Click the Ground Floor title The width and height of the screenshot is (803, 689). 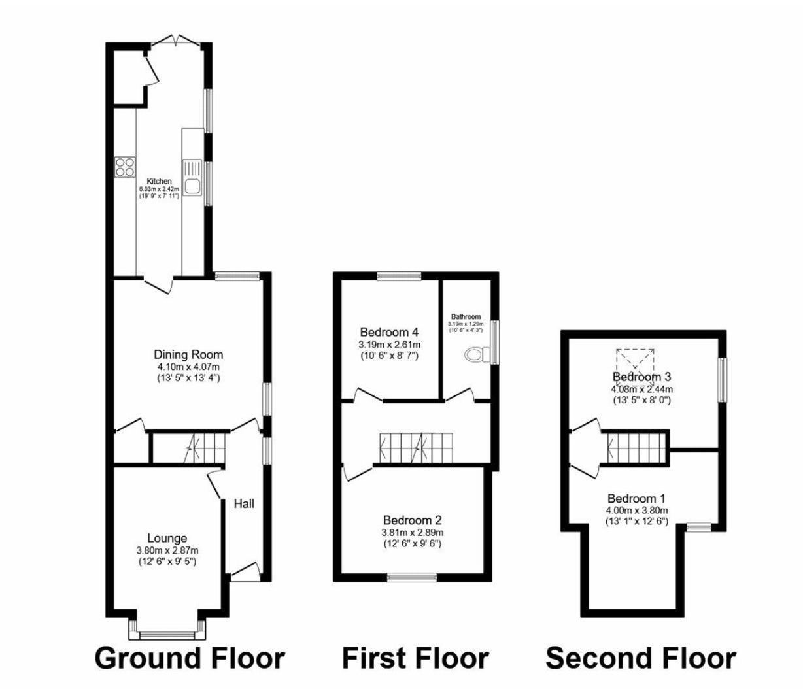[190, 658]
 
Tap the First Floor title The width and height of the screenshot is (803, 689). [415, 658]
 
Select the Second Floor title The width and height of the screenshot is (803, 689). [641, 658]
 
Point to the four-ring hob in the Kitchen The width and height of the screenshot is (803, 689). [124, 167]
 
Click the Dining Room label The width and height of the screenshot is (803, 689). [188, 354]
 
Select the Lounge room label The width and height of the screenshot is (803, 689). [167, 539]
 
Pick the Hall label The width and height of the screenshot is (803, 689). [244, 503]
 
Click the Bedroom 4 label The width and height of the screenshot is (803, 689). [389, 331]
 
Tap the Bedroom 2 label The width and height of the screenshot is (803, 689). [412, 520]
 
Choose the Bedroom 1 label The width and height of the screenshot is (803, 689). [636, 498]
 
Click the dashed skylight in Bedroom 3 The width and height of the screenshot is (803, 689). [635, 360]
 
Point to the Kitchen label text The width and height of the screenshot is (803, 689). [159, 181]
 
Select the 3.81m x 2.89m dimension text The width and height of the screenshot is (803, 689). [412, 532]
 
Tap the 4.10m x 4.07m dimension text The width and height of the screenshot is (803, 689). [188, 367]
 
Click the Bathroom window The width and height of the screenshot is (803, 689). [495, 342]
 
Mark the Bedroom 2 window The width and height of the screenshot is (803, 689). [411, 577]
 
